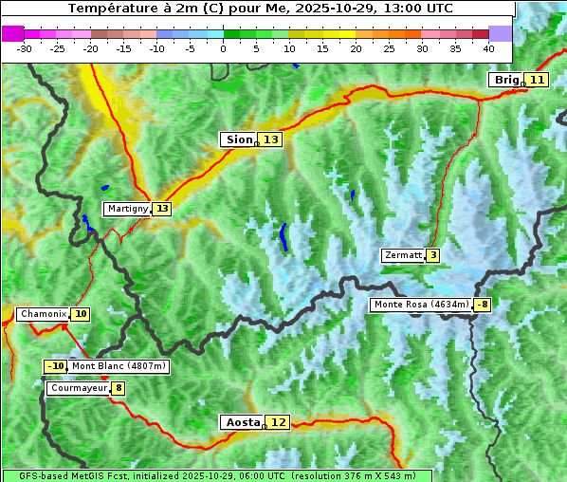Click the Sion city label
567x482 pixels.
click(x=239, y=139)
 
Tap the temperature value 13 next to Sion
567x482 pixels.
click(x=271, y=139)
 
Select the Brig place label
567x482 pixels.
click(x=506, y=80)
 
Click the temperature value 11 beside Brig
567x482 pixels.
click(x=537, y=80)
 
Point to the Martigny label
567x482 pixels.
click(x=127, y=209)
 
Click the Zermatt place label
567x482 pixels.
click(x=403, y=255)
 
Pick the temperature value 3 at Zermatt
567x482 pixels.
click(x=433, y=255)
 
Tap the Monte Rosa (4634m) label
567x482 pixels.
click(x=421, y=305)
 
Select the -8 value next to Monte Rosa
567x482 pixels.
click(x=482, y=305)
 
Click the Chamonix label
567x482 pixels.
click(x=42, y=314)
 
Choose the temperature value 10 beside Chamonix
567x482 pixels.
click(x=81, y=314)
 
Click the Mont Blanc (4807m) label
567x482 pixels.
click(x=119, y=366)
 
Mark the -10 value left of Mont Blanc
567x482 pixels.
click(x=55, y=366)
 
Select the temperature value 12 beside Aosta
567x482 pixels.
click(x=278, y=422)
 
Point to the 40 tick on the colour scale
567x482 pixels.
click(x=488, y=48)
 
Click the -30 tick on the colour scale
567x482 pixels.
click(x=25, y=48)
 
